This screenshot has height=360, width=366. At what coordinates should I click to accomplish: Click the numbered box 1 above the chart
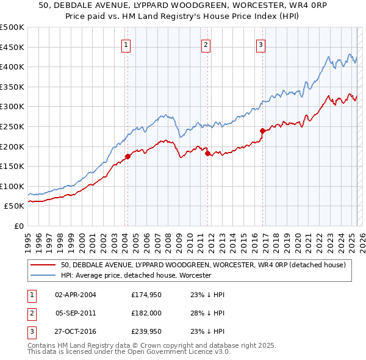point(125,44)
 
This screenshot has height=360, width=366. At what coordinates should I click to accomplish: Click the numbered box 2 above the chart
point(206,44)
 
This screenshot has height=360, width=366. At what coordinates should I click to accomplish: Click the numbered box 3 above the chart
point(260,44)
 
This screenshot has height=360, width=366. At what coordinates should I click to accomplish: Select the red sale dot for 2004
point(127,157)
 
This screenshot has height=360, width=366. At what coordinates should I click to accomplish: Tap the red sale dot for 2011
point(207,154)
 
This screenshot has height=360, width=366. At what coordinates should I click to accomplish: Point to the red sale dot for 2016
point(263,131)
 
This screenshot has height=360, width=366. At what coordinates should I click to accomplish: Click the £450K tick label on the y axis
point(13,47)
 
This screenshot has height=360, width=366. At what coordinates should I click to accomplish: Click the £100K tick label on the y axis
point(13,186)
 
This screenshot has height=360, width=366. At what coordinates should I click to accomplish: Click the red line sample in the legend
point(43,265)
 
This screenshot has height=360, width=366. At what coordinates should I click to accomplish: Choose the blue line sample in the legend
point(43,275)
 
